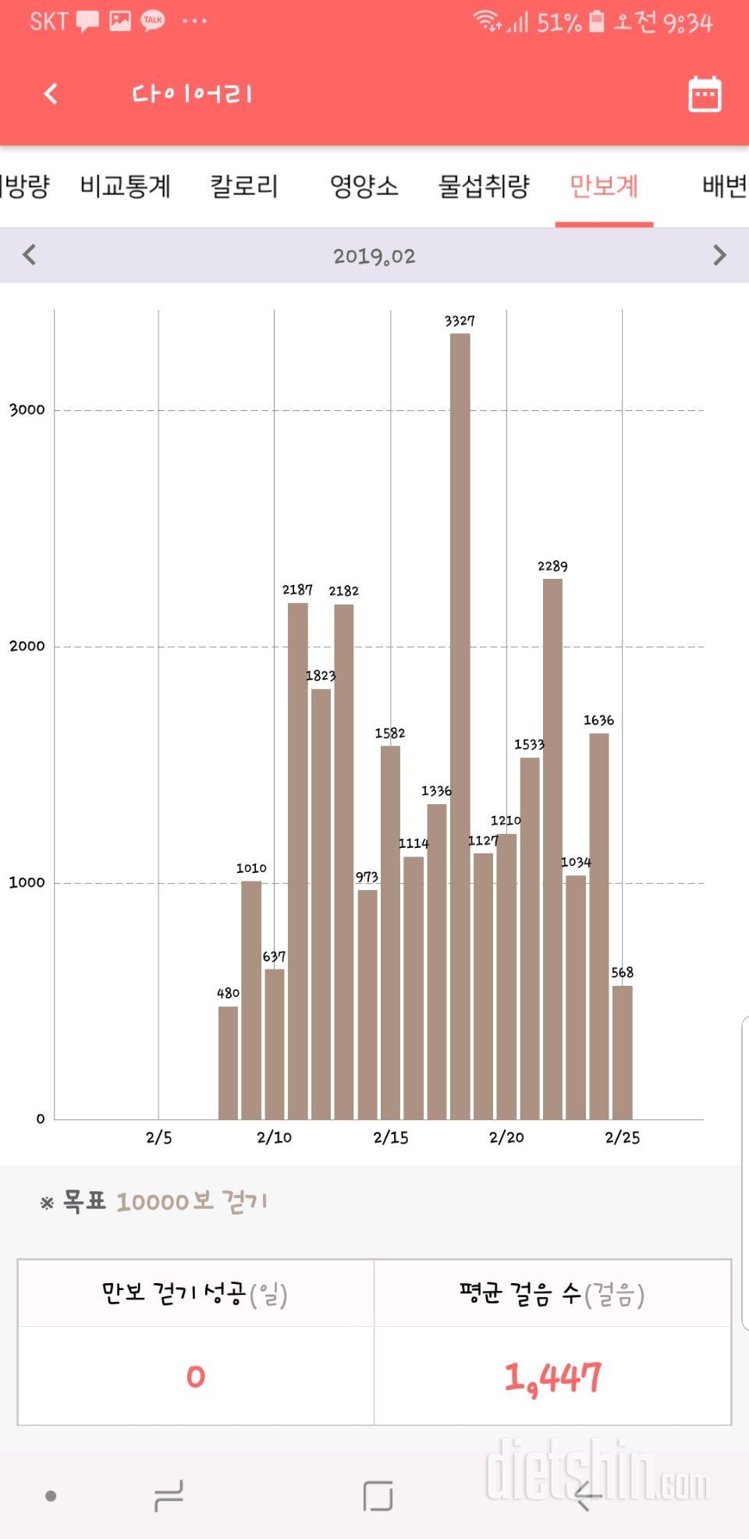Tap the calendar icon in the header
click(x=705, y=94)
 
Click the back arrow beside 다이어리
click(x=51, y=94)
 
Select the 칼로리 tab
click(x=244, y=186)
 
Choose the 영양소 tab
click(x=364, y=186)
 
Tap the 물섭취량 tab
click(x=484, y=186)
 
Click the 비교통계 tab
click(x=126, y=186)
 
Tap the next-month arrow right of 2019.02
click(x=719, y=255)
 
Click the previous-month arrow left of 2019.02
click(x=30, y=255)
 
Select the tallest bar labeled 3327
click(x=460, y=725)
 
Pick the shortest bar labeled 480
click(x=228, y=1062)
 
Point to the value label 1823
click(x=320, y=676)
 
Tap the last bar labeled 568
click(x=622, y=1052)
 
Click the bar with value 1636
click(x=598, y=926)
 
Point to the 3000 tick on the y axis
click(x=27, y=410)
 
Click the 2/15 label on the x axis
click(x=391, y=1137)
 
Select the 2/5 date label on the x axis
click(x=159, y=1137)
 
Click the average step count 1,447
click(x=552, y=1378)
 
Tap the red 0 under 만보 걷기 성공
click(x=196, y=1377)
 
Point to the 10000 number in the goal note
click(x=153, y=1202)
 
